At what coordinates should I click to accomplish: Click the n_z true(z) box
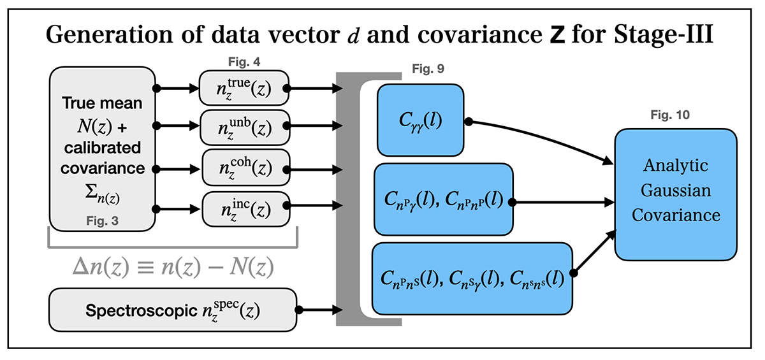245,89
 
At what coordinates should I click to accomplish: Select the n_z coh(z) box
246,167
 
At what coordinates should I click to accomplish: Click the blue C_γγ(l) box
420,120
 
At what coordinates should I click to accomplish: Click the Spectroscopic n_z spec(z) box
173,310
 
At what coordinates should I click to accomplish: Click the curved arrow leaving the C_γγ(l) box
542,136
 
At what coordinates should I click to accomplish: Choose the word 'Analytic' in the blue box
675,165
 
